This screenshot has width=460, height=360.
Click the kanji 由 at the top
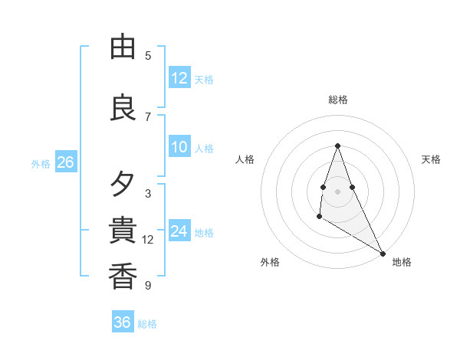coord(123,47)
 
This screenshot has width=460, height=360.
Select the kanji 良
coord(123,108)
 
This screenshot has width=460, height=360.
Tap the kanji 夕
coord(123,185)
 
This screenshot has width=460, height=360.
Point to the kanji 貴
coord(123,230)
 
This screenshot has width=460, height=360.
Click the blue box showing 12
coord(179,78)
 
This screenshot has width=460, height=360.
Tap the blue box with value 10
coord(179,147)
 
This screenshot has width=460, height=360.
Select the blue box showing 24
coord(179,231)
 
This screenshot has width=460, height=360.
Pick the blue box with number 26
coord(65,162)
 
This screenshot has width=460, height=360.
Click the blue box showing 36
coord(123,322)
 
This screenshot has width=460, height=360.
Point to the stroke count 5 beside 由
coord(148,56)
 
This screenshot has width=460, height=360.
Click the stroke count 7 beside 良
coord(148,116)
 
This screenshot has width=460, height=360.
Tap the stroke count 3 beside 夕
coord(148,193)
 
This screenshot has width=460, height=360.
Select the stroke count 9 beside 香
coord(148,285)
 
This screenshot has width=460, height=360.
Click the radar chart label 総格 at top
coord(337,100)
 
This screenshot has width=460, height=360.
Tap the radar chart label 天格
coord(431,159)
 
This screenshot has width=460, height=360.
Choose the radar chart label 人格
coord(245,159)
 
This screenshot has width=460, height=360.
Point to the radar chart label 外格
coord(270,262)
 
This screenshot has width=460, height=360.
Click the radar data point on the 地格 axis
coord(383,253)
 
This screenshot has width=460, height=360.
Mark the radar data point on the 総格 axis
coord(337,146)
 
